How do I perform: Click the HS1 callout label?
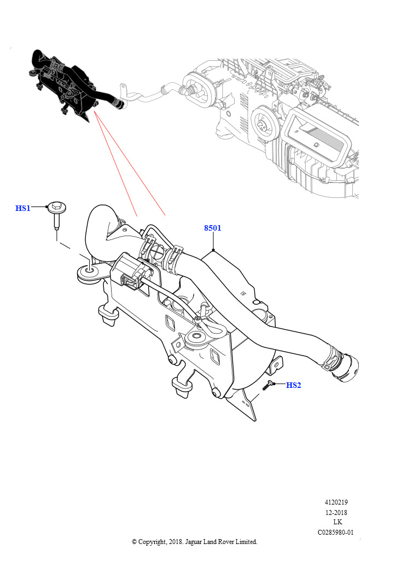pyautogui.click(x=23, y=208)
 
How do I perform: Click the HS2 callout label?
pyautogui.click(x=294, y=385)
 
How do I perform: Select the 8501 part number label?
pyautogui.click(x=213, y=228)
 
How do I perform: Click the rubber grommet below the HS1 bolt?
pyautogui.click(x=88, y=273)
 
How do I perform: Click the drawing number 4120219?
pyautogui.click(x=336, y=502)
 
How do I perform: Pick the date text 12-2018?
pyautogui.click(x=336, y=512)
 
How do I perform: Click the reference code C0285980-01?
pyautogui.click(x=336, y=532)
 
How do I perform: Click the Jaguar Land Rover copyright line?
pyautogui.click(x=195, y=542)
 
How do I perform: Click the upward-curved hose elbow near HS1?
pyautogui.click(x=98, y=225)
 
